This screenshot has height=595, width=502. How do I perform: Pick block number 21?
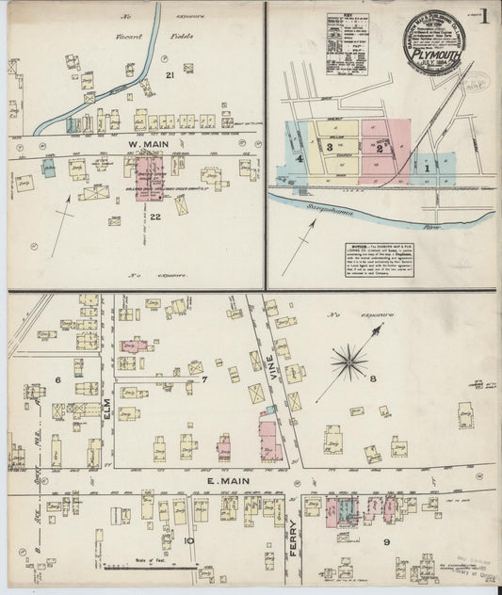(x=170, y=75)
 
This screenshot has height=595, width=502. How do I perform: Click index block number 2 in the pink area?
(x=379, y=148)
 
